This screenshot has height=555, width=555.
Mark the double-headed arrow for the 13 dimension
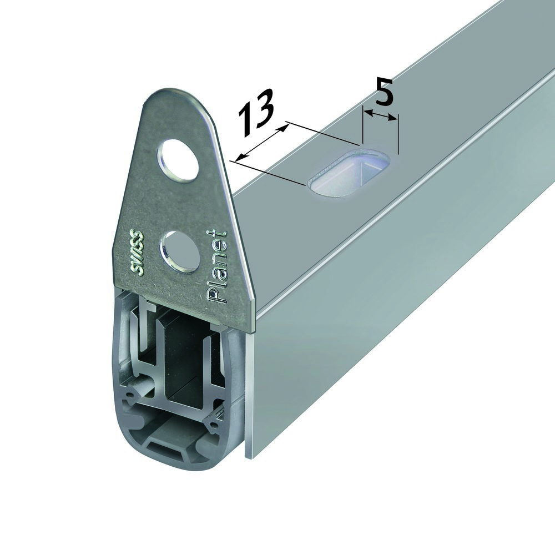(261, 143)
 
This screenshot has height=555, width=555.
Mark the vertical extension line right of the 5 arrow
(398, 133)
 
